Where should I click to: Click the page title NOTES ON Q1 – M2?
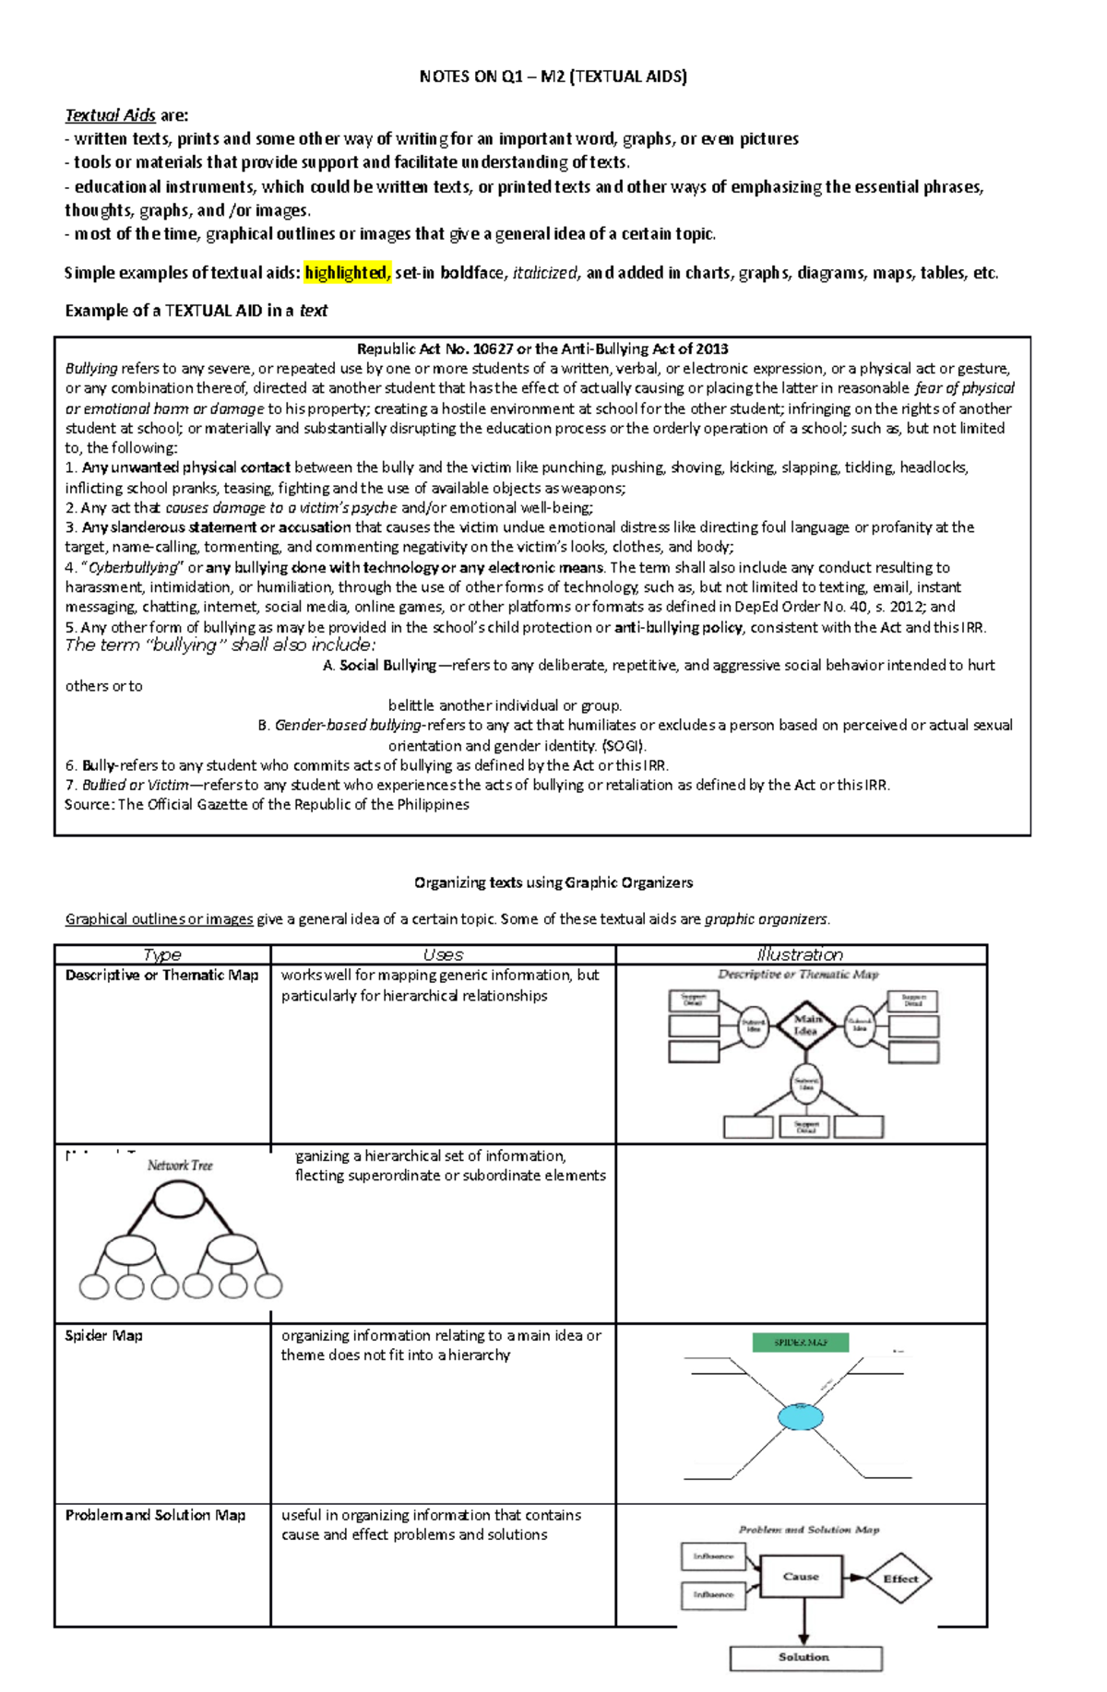(x=553, y=77)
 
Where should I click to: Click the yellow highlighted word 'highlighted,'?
(x=348, y=273)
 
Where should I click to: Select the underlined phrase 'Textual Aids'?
(x=110, y=115)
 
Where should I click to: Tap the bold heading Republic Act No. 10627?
(x=542, y=349)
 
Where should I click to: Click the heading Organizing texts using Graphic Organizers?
(x=553, y=882)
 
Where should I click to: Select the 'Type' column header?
(x=162, y=954)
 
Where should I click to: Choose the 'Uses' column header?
(x=443, y=954)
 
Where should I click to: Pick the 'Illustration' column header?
(x=800, y=954)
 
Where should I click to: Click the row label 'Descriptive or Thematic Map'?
(x=161, y=976)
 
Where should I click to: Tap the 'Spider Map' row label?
(x=103, y=1335)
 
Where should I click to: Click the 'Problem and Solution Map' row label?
(x=155, y=1515)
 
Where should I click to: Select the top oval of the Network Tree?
(x=179, y=1200)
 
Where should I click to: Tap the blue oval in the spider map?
(x=800, y=1417)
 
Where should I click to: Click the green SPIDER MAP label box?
(x=800, y=1343)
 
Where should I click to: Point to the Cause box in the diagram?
(x=801, y=1577)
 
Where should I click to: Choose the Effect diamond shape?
(x=899, y=1579)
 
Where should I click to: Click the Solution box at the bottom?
(x=804, y=1657)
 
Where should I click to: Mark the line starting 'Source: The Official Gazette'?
(x=267, y=804)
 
